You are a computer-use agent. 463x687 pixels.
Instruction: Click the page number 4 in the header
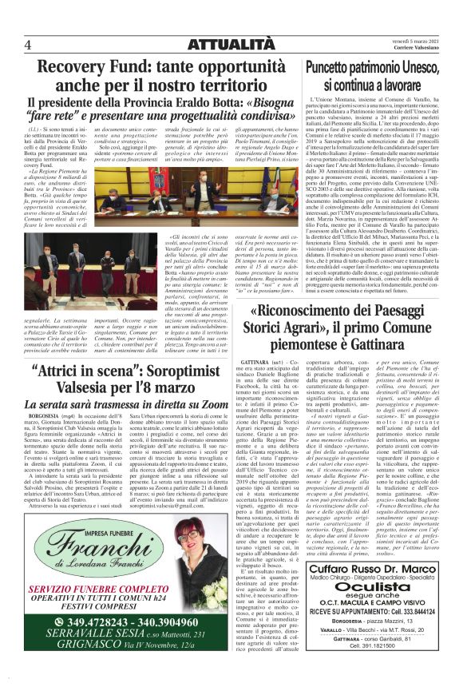click(28, 46)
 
